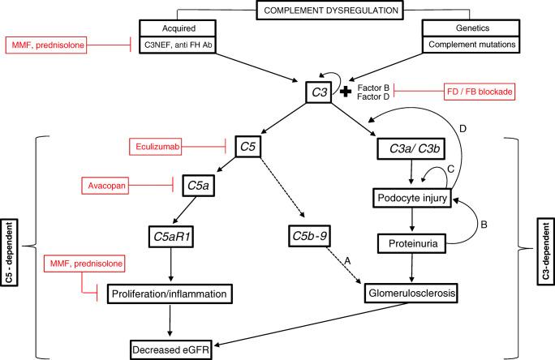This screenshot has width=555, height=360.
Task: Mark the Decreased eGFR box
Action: tap(175, 349)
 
